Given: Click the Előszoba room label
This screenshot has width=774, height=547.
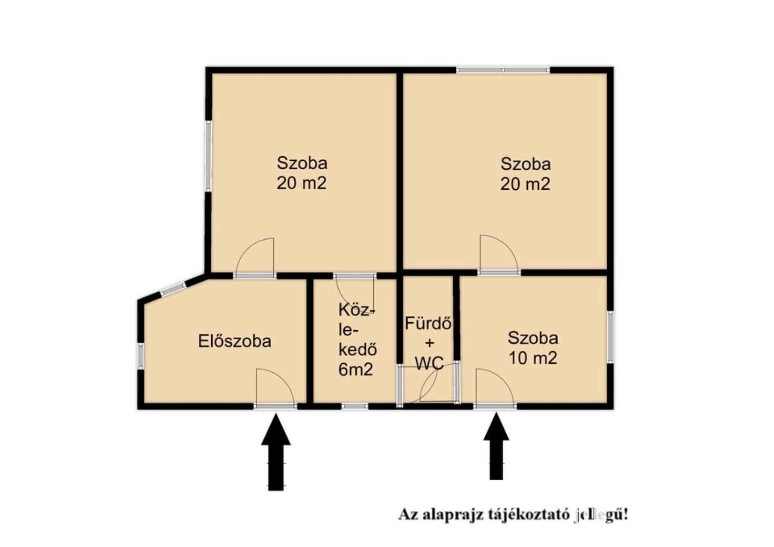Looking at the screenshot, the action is [x=234, y=341].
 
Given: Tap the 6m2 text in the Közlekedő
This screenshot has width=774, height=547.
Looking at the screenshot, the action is [x=356, y=370].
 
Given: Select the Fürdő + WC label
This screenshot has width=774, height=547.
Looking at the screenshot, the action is [x=428, y=343].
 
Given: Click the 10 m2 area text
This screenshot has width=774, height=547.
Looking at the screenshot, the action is [x=532, y=358].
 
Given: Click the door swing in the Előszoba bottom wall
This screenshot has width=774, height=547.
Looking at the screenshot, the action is [x=275, y=386].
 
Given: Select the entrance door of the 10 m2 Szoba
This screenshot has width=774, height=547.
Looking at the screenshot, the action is [x=495, y=386].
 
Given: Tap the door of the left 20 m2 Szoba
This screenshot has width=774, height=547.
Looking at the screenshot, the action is [x=255, y=256].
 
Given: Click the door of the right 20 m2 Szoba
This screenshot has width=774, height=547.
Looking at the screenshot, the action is [x=499, y=253].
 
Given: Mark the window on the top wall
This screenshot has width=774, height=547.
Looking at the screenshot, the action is [x=502, y=70].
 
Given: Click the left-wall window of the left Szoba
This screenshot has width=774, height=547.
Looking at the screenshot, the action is [x=208, y=156].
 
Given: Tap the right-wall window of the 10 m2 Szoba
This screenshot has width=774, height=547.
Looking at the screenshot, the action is [x=610, y=337].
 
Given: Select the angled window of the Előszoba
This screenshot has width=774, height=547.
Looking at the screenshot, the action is [x=173, y=289].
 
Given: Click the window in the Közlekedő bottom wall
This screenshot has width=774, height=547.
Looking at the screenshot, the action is [x=355, y=406].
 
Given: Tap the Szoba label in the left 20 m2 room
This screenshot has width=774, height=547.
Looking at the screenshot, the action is [x=302, y=163].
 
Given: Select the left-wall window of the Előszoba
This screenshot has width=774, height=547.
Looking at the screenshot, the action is [x=140, y=356].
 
